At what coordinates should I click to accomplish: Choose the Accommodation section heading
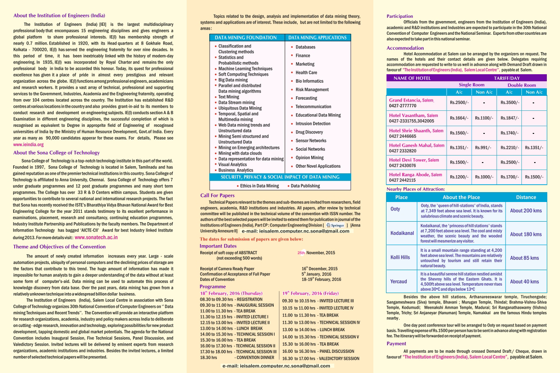click(405, 48)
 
